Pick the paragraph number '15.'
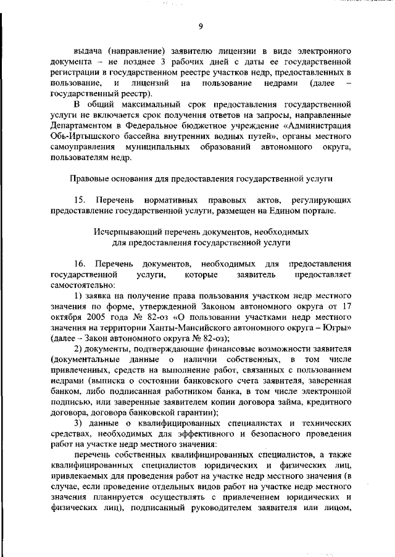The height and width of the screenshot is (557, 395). tap(81, 201)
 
